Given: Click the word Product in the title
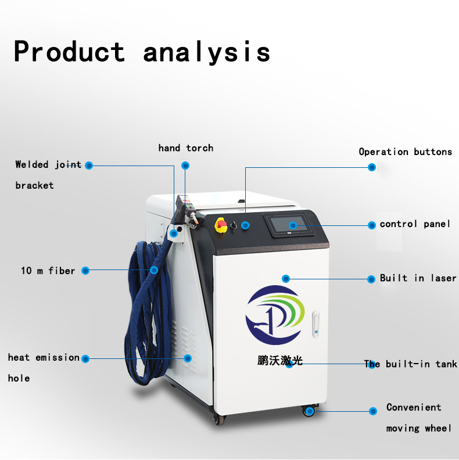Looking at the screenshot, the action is pos(70,51).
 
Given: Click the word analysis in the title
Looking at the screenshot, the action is pos(206,52).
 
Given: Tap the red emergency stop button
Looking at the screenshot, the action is pos(221,225).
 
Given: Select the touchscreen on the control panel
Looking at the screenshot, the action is pos(288,225).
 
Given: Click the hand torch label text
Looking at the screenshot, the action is pos(186,148).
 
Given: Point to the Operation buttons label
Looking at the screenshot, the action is pos(406,152).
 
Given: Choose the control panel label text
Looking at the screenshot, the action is pos(415,224).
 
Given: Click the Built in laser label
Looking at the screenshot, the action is pos(418,278).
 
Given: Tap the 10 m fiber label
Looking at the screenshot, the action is pos(48,271).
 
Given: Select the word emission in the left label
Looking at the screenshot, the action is pos(58,357).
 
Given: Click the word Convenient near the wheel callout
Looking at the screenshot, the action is pos(414,407).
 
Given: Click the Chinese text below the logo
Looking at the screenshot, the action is pos(280,360).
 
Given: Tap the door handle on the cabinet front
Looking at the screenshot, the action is pos(316,324).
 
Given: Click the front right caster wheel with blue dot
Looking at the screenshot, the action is pos(309,411).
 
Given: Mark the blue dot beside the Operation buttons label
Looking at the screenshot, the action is pos(372,167).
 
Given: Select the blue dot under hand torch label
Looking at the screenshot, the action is pos(185,166).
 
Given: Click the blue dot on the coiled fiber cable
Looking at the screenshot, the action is pos(154,270).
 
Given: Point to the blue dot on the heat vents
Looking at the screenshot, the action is pos(188,358).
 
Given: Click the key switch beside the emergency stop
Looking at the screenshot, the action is pos(234,225).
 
